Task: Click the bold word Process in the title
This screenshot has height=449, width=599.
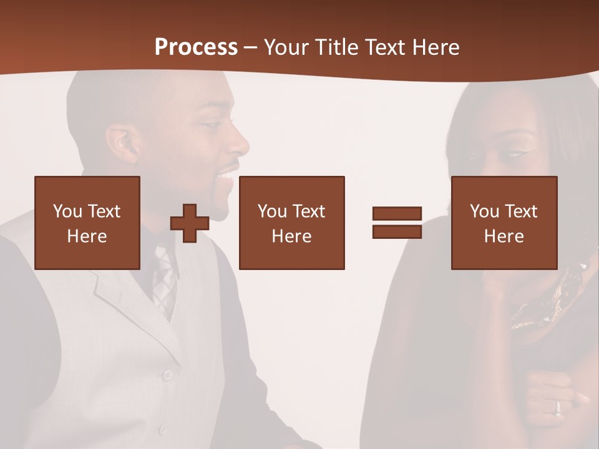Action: click(196, 47)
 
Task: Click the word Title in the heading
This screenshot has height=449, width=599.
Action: click(336, 47)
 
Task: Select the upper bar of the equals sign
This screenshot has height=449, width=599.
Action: click(397, 214)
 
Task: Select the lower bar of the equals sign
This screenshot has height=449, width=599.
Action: click(397, 231)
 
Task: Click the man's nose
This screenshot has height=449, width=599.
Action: click(240, 145)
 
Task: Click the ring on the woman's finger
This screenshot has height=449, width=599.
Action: click(558, 407)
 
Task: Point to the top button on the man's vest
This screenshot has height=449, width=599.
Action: click(167, 375)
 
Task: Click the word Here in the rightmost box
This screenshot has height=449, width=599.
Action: click(504, 236)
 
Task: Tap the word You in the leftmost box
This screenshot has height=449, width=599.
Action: click(67, 211)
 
